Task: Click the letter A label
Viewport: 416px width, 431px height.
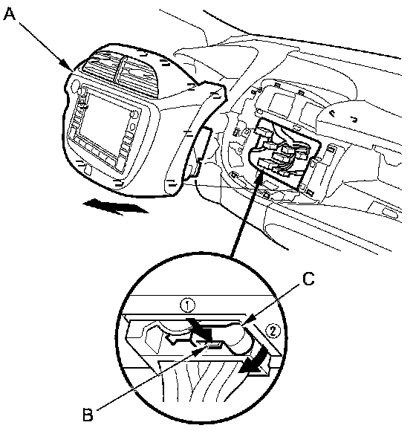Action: (x=10, y=14)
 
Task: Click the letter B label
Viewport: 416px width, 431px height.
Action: (x=88, y=415)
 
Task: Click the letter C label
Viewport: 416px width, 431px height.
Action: (x=308, y=279)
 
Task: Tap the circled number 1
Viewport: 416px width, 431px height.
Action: (x=187, y=305)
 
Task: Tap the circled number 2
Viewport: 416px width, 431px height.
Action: (x=273, y=331)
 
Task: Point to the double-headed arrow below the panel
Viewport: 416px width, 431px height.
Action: (x=115, y=206)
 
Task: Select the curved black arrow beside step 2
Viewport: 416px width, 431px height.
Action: (x=254, y=360)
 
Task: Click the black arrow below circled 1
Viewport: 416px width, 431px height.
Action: (x=200, y=329)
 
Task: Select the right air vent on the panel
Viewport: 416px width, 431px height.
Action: (x=138, y=74)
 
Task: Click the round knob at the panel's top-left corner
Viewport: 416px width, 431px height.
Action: (x=75, y=85)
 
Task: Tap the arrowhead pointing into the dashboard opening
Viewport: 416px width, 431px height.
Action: (x=259, y=181)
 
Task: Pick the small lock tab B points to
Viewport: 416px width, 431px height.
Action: (x=215, y=346)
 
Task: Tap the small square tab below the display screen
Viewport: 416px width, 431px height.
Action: (x=88, y=169)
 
